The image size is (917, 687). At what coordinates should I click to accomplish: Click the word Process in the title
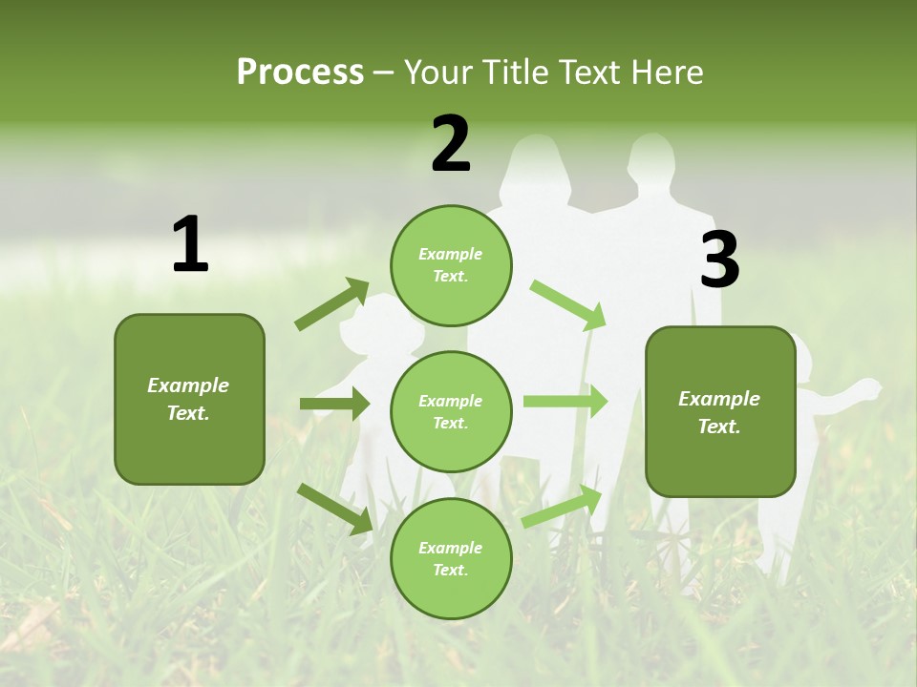pyautogui.click(x=300, y=73)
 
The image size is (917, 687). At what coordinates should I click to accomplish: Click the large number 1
pyautogui.click(x=190, y=244)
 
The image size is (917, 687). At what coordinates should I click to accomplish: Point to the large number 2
pyautogui.click(x=451, y=144)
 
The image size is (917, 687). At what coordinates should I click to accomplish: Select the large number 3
pyautogui.click(x=719, y=260)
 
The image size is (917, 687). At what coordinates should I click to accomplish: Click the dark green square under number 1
pyautogui.click(x=189, y=399)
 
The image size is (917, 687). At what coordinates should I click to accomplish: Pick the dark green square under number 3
pyautogui.click(x=720, y=411)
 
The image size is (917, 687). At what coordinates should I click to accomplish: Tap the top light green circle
pyautogui.click(x=451, y=265)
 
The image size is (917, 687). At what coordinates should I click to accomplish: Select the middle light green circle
pyautogui.click(x=451, y=411)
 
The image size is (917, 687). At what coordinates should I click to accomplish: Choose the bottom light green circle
pyautogui.click(x=451, y=558)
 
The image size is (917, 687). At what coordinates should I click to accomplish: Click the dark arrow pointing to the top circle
pyautogui.click(x=331, y=304)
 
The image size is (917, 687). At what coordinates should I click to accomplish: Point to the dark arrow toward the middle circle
pyautogui.click(x=334, y=404)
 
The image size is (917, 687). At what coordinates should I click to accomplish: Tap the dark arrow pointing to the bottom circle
pyautogui.click(x=334, y=508)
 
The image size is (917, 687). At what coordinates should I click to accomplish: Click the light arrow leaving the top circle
pyautogui.click(x=568, y=304)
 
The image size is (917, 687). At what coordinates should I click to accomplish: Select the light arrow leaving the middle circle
pyautogui.click(x=565, y=401)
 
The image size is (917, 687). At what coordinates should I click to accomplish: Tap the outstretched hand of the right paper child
pyautogui.click(x=869, y=387)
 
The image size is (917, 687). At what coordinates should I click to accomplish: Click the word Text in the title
pyautogui.click(x=590, y=73)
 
